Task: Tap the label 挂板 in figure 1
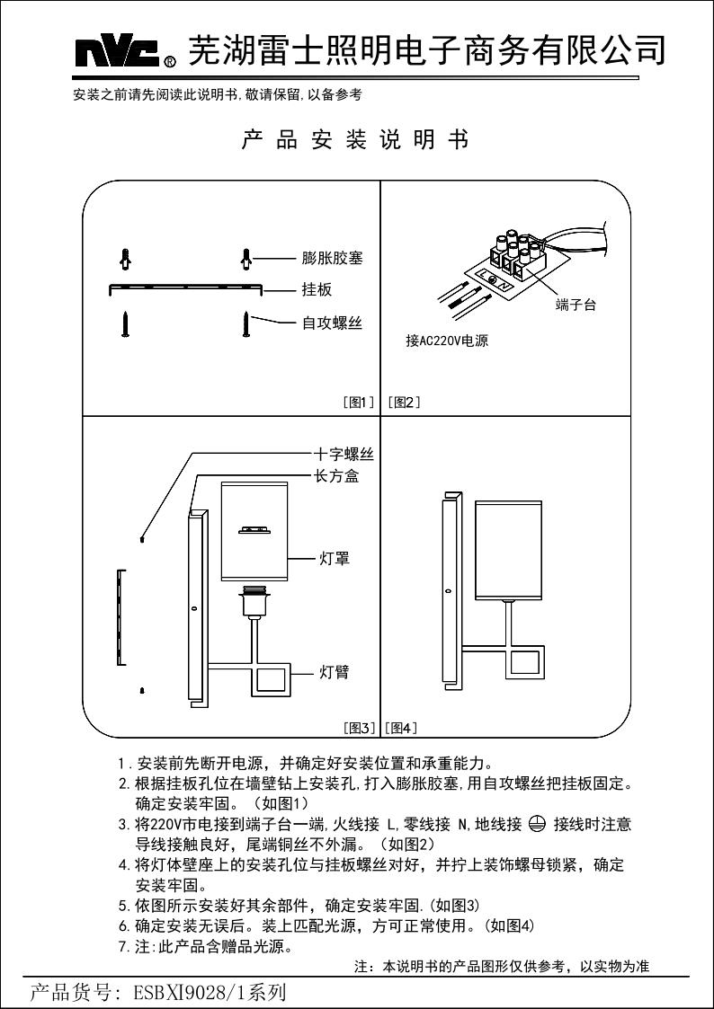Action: (x=317, y=290)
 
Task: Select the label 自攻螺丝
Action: (x=332, y=323)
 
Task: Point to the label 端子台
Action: (x=576, y=305)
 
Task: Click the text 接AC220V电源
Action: (x=447, y=341)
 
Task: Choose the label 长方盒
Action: (x=335, y=477)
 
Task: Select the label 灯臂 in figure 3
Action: (x=335, y=672)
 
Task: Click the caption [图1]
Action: (x=359, y=403)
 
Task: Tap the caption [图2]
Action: (x=404, y=403)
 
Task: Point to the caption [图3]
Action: (x=360, y=728)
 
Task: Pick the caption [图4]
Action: (x=400, y=728)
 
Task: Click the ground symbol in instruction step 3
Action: (x=538, y=823)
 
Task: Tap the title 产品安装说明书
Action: (x=356, y=141)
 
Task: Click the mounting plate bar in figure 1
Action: (x=185, y=288)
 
